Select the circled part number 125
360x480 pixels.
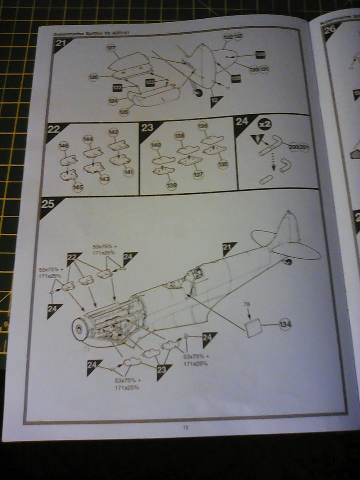pos(124,112)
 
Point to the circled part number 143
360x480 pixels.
pos(104,179)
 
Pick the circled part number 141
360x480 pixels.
pos(128,172)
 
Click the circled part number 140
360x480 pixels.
pos(156,145)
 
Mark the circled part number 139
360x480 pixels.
pos(172,185)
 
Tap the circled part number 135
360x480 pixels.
pos(223,164)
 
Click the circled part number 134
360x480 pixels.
pos(285,325)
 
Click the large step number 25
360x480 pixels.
pos(48,204)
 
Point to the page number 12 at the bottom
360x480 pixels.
pos(186,428)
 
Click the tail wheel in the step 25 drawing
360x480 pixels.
pos(288,262)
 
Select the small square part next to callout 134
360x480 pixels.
pos(253,328)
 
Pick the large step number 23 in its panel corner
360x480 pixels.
pos(148,128)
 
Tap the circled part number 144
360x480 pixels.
pos(88,140)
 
